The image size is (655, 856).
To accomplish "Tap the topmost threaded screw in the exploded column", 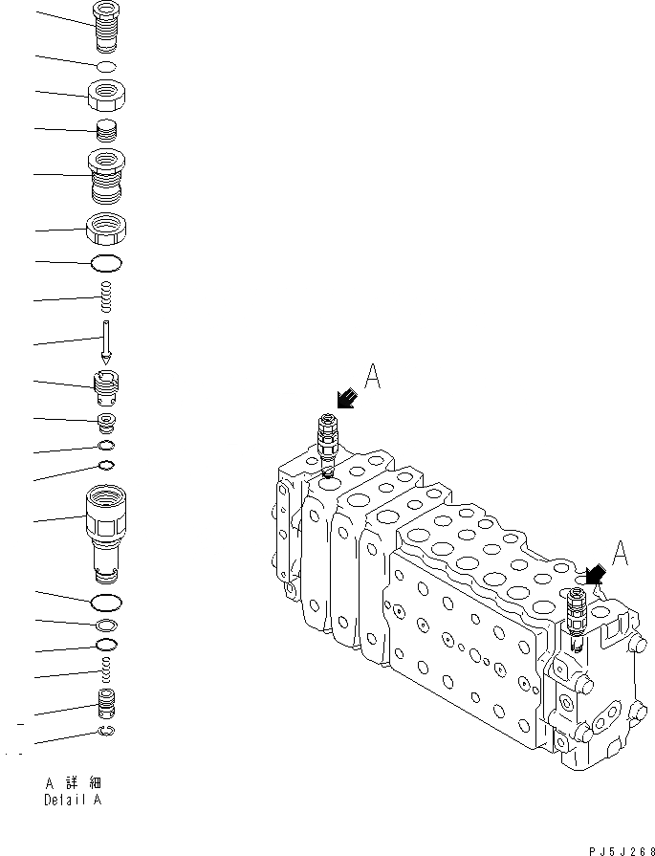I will pos(108,25).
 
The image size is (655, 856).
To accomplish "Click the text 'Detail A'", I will pos(70,800).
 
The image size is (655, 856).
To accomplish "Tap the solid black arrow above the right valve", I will pos(595,574).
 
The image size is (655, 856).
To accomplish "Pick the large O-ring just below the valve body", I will pos(108,602).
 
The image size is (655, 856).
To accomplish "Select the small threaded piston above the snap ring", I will pos(108,708).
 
